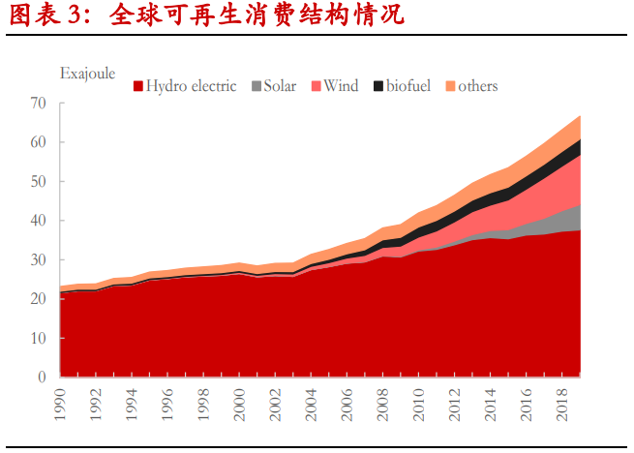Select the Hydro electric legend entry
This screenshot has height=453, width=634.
click(185, 86)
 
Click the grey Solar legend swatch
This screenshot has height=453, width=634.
click(256, 86)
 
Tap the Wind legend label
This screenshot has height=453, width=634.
click(341, 86)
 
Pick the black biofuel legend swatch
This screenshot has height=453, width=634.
click(377, 86)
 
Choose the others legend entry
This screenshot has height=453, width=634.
click(470, 86)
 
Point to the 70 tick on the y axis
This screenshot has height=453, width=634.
click(39, 104)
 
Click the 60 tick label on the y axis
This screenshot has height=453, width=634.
click(39, 142)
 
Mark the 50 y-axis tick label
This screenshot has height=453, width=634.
click(39, 182)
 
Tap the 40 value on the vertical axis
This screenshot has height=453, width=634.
click(39, 221)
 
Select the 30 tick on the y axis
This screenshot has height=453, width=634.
click(39, 260)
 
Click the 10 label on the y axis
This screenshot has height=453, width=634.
click(39, 339)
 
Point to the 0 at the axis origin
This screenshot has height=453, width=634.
click(43, 377)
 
